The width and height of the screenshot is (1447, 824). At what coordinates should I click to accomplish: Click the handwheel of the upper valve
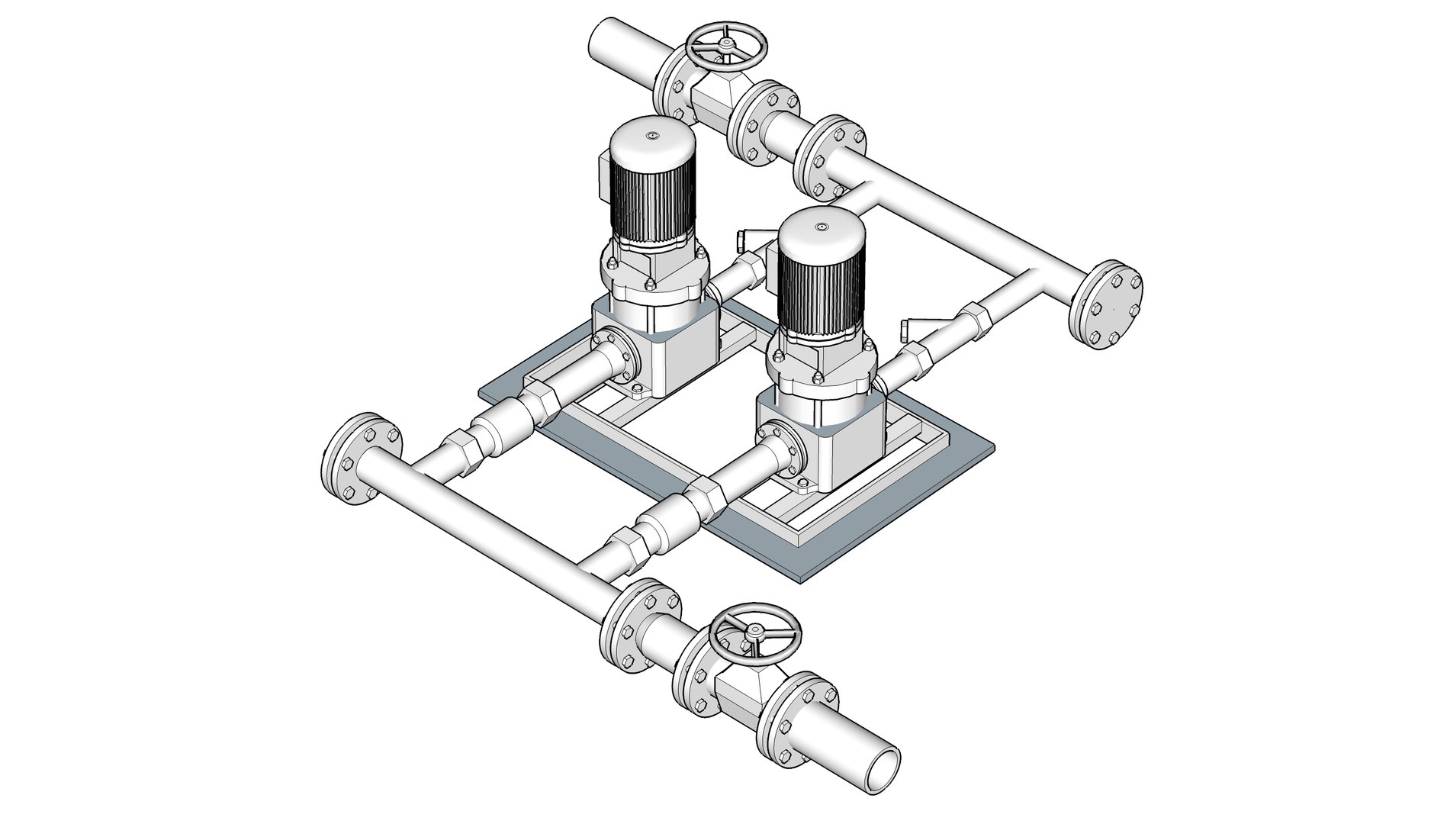click(721, 47)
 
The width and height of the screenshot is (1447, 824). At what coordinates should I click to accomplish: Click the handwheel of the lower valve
click(754, 631)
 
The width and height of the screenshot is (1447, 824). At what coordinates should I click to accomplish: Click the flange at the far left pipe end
click(357, 460)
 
